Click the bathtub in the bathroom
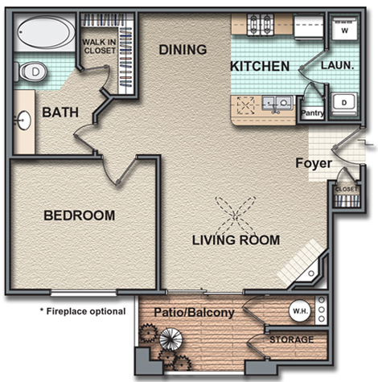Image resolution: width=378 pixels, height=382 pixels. [45, 32]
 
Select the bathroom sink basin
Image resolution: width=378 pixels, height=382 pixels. [25, 121]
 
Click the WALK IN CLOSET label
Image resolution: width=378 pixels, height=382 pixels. [99, 46]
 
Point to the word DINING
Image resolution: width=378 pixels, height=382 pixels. [183, 50]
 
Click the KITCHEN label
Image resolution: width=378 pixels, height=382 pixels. [260, 66]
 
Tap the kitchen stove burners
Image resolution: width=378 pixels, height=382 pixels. [261, 25]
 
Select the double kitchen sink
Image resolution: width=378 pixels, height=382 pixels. [277, 103]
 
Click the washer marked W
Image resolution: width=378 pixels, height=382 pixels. [345, 28]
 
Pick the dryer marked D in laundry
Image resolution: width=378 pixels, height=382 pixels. [344, 104]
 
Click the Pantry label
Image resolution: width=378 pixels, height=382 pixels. [313, 113]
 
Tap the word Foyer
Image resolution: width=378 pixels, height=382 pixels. [314, 163]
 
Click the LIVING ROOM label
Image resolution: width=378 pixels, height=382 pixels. [236, 240]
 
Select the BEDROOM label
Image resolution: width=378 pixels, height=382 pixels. [80, 216]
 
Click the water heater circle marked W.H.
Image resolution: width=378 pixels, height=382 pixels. [300, 311]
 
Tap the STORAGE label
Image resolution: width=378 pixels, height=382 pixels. [292, 339]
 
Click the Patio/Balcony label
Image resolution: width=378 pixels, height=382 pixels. [195, 313]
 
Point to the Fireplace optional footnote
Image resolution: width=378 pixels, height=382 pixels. [83, 311]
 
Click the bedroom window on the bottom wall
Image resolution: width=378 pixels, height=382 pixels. [84, 293]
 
